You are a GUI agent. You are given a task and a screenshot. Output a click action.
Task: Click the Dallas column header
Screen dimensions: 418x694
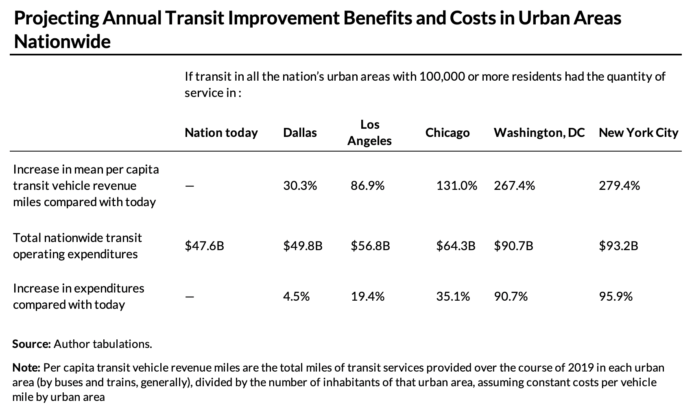(300, 133)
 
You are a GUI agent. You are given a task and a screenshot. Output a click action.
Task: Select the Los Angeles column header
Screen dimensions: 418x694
(369, 133)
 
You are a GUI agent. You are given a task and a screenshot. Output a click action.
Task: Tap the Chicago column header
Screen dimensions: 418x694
(447, 133)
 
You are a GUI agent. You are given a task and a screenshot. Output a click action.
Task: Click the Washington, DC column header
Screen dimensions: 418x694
(539, 133)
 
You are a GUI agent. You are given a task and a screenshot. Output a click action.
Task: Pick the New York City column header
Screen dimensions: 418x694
(638, 133)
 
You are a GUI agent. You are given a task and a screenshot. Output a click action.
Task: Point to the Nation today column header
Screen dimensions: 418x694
(221, 133)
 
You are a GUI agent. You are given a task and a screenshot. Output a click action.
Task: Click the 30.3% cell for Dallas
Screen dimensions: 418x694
(300, 186)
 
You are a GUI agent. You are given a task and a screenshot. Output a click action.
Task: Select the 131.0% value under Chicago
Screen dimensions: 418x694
(456, 186)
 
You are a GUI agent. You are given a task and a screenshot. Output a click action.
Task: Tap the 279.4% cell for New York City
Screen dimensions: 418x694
(619, 186)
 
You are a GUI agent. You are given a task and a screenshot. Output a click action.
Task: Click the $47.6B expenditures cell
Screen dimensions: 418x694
(204, 246)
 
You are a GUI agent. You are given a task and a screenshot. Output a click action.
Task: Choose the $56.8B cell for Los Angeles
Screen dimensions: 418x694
(370, 246)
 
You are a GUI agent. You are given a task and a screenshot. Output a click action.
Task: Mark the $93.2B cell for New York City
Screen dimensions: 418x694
(618, 246)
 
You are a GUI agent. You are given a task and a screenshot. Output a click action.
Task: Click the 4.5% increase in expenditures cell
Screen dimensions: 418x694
(296, 297)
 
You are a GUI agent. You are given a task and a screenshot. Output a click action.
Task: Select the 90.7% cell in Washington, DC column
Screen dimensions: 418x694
(511, 297)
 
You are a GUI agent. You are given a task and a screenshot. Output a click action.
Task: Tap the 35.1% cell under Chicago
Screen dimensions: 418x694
(453, 297)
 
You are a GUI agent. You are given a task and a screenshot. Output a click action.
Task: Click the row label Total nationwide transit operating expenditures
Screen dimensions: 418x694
(77, 246)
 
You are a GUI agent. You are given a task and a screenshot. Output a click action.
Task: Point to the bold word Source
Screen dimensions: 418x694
(31, 344)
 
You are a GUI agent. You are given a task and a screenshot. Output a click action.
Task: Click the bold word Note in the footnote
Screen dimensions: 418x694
(26, 368)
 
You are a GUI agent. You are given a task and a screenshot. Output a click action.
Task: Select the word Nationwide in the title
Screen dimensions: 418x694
(62, 42)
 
